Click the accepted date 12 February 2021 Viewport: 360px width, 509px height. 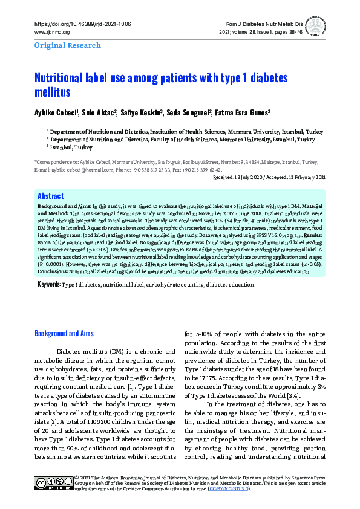pyautogui.click(x=300, y=177)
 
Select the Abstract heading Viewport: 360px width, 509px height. pyautogui.click(x=51, y=196)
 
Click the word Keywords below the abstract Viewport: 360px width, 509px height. pyautogui.click(x=48, y=284)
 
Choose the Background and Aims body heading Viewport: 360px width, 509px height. pyautogui.click(x=63, y=333)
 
